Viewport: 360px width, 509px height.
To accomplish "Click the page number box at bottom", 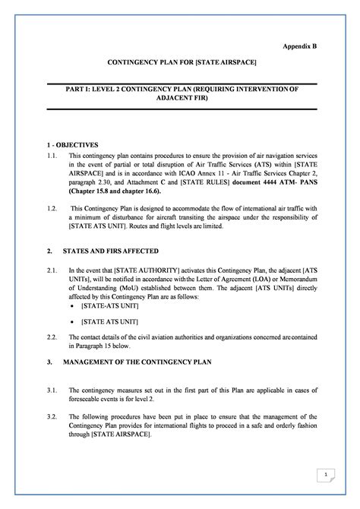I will [324, 475].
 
